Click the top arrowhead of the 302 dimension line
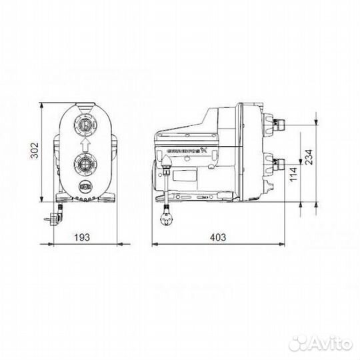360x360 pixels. [x=42, y=105]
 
